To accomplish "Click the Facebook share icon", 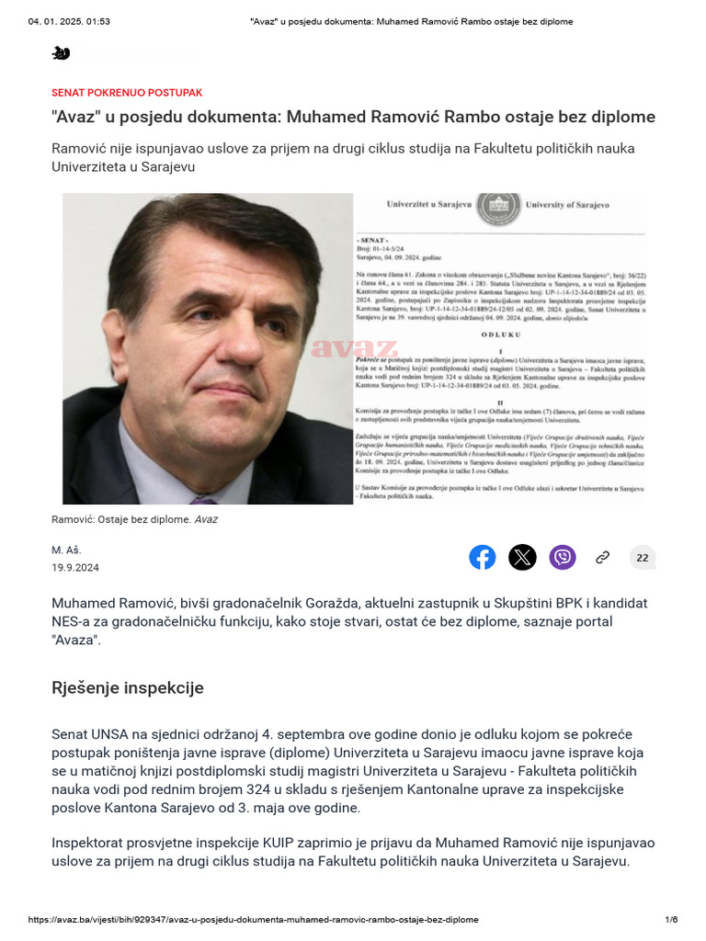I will click(x=483, y=557).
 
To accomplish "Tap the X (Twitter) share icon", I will click(x=522, y=557).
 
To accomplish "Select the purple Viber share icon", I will click(x=563, y=557).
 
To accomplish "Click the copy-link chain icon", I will click(x=603, y=557).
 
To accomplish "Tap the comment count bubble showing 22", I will click(x=643, y=557).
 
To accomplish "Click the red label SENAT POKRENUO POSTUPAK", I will click(x=127, y=93).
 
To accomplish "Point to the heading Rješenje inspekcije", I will click(x=128, y=687).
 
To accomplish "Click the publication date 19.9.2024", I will click(x=75, y=568).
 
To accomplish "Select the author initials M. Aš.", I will click(x=67, y=549).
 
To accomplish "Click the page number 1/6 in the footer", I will click(x=671, y=920).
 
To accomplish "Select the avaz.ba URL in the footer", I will click(x=254, y=920).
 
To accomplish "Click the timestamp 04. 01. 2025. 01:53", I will click(x=70, y=21).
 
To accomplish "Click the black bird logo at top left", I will click(x=61, y=53).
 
